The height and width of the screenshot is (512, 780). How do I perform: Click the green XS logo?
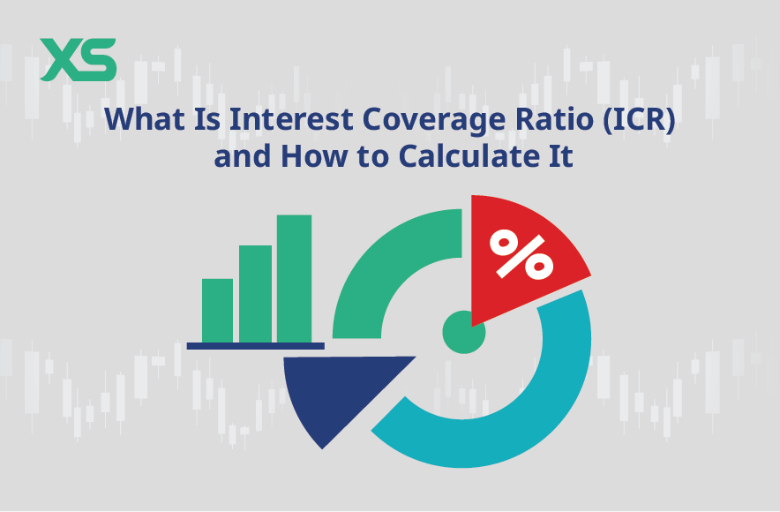tap(78, 59)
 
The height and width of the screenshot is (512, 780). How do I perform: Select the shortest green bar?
tap(217, 310)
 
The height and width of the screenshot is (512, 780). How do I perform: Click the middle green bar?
tap(255, 293)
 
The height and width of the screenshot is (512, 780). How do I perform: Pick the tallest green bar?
tap(294, 278)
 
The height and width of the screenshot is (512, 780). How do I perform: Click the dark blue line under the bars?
tap(255, 345)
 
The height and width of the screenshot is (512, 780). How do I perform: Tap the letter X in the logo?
tap(60, 59)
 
